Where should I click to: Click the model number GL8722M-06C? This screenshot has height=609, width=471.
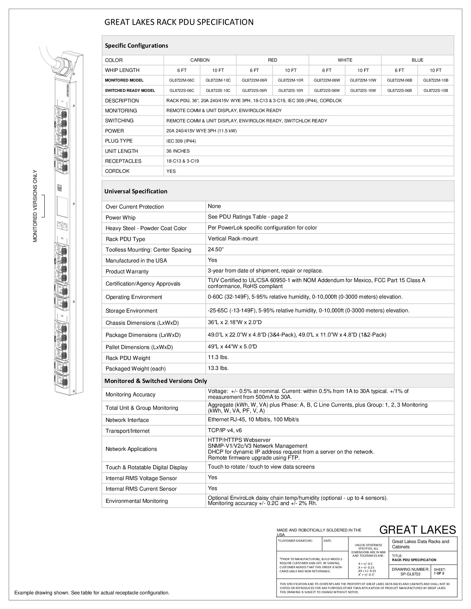point(182,80)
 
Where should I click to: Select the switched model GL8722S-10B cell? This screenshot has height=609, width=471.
point(435,91)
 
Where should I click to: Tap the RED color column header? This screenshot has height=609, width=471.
point(272,60)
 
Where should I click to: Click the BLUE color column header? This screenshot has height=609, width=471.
point(417,60)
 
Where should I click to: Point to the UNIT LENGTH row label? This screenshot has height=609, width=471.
point(121,151)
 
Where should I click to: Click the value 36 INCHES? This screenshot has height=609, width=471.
point(178,151)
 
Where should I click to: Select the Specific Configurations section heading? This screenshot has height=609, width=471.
point(137,46)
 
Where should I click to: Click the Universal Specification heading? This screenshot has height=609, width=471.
point(136,191)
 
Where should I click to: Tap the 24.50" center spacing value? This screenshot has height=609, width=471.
point(216,249)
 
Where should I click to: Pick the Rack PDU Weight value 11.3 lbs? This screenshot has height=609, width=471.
point(218,357)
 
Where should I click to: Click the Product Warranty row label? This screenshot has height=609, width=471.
point(127,271)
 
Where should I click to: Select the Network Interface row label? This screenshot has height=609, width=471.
point(127,420)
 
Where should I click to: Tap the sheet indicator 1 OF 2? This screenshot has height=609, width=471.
point(439,573)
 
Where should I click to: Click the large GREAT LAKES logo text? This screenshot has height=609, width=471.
point(417,530)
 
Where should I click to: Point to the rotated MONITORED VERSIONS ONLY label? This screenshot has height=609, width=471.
point(35,206)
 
